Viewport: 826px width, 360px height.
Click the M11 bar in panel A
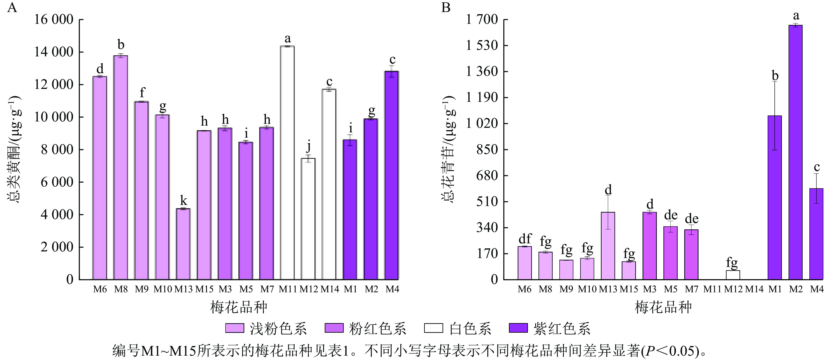pos(287,163)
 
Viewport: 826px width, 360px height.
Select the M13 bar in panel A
pos(183,244)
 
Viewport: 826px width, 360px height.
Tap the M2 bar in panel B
pos(796,152)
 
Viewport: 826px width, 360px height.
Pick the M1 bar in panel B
pos(775,197)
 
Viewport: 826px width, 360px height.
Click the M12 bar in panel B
pos(733,275)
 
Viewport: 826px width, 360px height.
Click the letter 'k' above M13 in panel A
pos(183,201)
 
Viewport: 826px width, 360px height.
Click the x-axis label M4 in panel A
pos(392,289)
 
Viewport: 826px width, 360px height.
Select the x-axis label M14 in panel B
pos(754,289)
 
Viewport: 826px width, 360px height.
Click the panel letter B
pos(446,7)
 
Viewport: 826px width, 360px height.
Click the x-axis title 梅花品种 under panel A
pos(239,307)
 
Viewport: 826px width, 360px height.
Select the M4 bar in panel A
pos(392,175)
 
